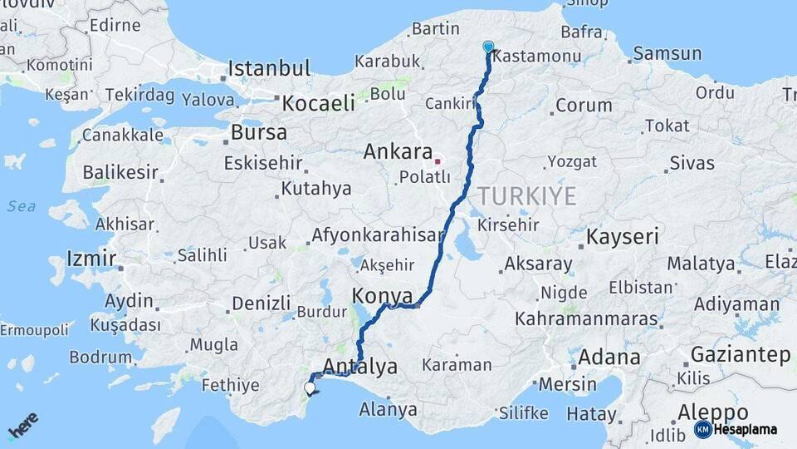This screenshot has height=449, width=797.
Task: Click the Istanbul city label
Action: click(269, 68)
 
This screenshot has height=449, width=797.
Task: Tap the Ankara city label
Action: click(398, 152)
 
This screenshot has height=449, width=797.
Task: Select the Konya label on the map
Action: click(382, 296)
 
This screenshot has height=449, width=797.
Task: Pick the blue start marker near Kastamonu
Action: click(487, 48)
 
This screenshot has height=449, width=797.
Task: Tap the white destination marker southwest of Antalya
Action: click(310, 387)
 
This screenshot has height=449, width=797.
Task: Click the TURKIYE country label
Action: click(526, 196)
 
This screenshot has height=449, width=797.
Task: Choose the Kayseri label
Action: click(622, 237)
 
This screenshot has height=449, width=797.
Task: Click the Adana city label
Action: click(609, 358)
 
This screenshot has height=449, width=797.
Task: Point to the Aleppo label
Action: click(712, 412)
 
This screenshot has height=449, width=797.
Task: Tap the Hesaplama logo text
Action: click(746, 430)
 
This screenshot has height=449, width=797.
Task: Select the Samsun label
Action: click(667, 54)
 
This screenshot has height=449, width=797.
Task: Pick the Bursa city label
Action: click(258, 132)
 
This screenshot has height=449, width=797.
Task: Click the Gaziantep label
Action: click(740, 355)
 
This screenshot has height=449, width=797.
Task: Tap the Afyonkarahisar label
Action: click(378, 235)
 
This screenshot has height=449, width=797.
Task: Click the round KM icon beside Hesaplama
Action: click(703, 430)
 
